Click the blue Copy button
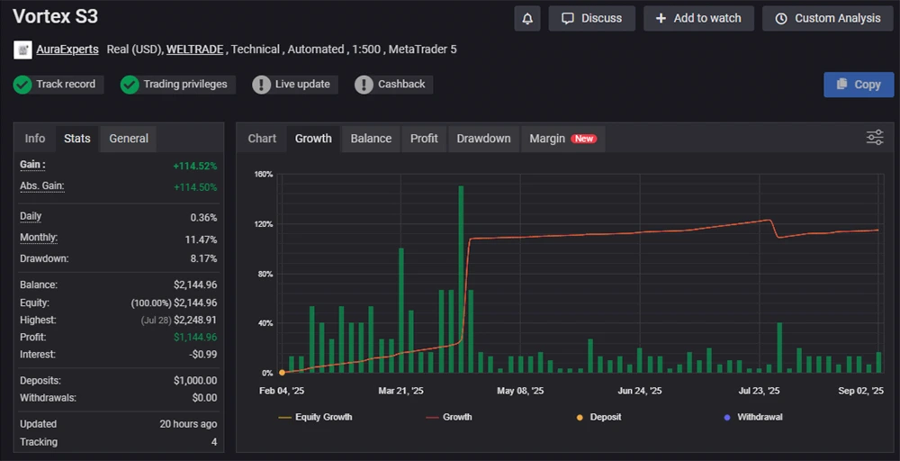[859, 85]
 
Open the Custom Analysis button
[828, 18]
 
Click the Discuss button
[592, 18]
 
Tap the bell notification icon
[527, 18]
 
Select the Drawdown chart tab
[483, 139]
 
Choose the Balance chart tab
[371, 139]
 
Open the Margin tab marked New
[562, 139]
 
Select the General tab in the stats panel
[129, 139]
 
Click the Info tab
[35, 139]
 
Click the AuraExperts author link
[67, 50]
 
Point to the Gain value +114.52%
[194, 167]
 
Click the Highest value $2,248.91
[194, 320]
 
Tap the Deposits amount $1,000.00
[194, 381]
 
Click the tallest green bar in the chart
[461, 279]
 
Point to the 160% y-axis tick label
[263, 174]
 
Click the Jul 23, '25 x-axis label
[759, 391]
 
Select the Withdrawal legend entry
[760, 417]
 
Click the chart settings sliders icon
[875, 137]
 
